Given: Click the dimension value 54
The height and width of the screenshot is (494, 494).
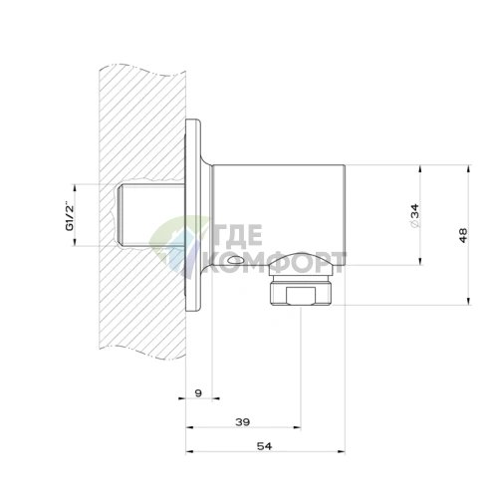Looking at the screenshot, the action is (x=264, y=446).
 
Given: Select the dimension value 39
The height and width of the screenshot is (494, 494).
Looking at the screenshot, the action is (x=242, y=422).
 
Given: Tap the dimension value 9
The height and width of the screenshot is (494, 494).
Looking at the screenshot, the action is (x=198, y=393).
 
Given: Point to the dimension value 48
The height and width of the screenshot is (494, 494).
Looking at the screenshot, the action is (x=463, y=235).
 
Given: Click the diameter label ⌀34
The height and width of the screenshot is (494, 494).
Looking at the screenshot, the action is (x=415, y=216).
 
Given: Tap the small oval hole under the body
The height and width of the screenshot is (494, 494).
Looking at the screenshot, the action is (x=235, y=259).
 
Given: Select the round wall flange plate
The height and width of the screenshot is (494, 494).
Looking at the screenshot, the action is (x=193, y=215).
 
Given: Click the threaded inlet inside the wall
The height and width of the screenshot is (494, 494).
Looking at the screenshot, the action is (x=151, y=215).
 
